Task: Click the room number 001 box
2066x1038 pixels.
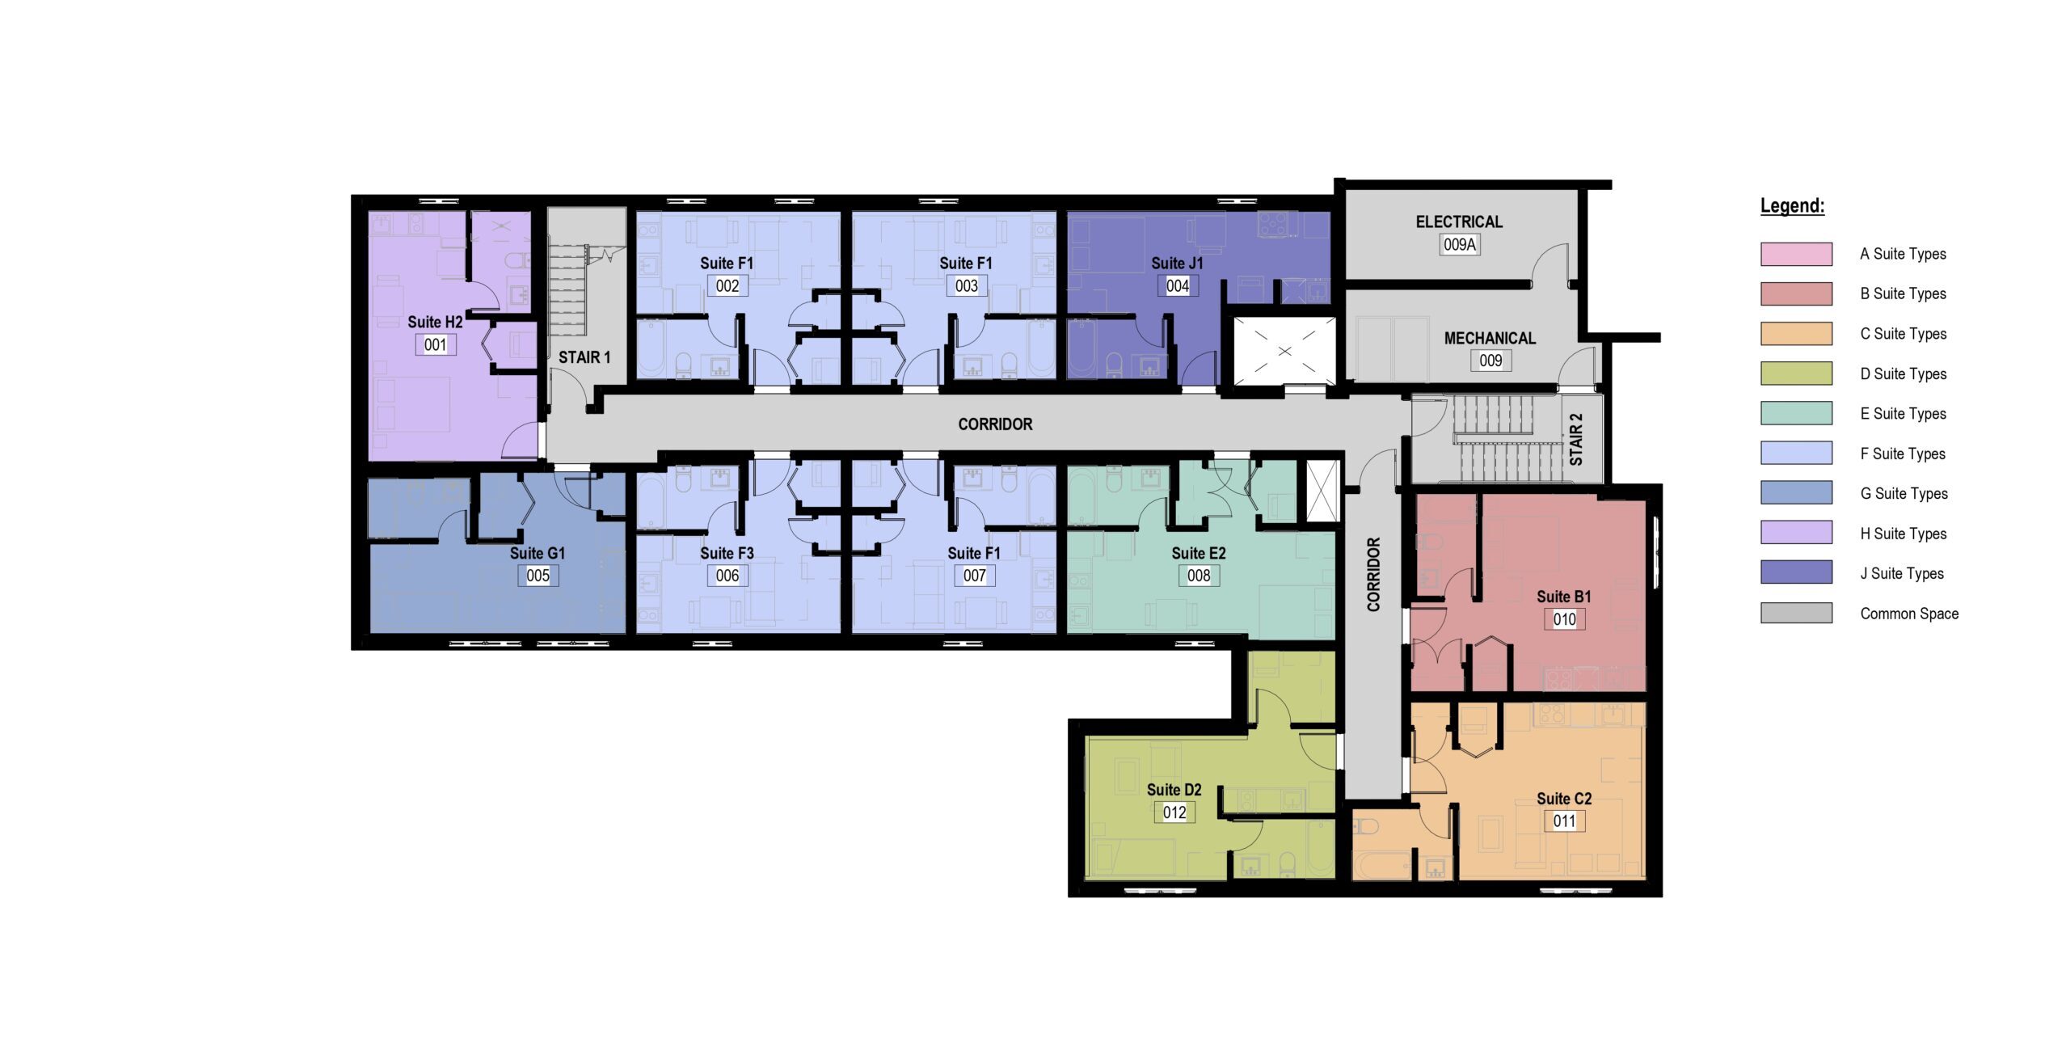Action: pos(435,345)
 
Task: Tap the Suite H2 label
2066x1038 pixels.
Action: pos(435,322)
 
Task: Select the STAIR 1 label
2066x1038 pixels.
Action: pos(584,357)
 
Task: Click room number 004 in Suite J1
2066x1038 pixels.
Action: pos(1177,286)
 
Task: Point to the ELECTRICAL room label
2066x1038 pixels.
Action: pos(1459,222)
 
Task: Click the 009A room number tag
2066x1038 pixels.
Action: pos(1460,244)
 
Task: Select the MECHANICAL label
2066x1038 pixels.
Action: pos(1490,338)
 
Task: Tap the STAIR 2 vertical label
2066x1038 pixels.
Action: pos(1575,439)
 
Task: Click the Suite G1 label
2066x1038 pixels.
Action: pos(537,553)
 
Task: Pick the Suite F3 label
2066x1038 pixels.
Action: pos(727,553)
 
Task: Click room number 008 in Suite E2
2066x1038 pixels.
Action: pos(1199,576)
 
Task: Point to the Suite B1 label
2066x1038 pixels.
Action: pos(1563,597)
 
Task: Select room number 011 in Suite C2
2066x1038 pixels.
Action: pos(1564,821)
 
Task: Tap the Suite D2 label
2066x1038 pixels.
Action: pos(1174,790)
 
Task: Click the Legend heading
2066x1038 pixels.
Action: pos(1792,205)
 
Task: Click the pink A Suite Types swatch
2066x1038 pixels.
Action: pos(1796,254)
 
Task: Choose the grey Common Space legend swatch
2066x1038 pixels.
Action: pos(1796,613)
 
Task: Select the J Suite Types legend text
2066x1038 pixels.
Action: pos(1901,573)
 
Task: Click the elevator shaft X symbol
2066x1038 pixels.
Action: pos(1284,351)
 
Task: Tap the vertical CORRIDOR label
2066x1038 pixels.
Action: pos(1373,574)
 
